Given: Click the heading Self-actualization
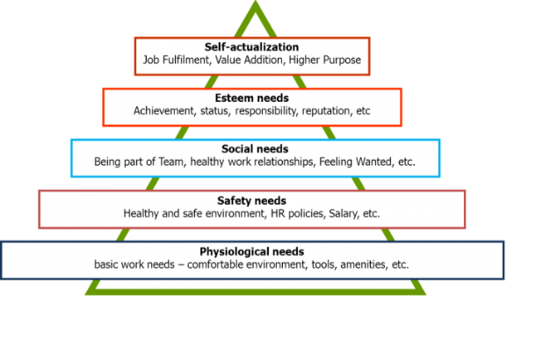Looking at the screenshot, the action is pos(251,47).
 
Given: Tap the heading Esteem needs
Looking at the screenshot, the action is pos(251,98).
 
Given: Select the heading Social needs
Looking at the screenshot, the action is pos(255,149).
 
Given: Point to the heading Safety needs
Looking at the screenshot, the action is pos(251,200).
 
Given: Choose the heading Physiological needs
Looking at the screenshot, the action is pos(251,252).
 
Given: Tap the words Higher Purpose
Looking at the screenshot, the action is pos(325,60).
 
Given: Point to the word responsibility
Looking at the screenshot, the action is pos(266,111).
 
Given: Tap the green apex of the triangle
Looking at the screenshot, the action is pos(256,3).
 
